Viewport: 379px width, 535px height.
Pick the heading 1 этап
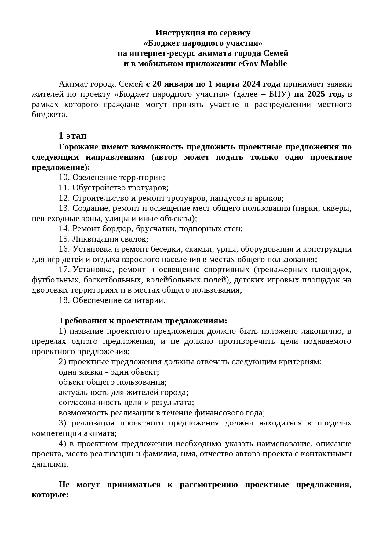pyautogui.click(x=73, y=135)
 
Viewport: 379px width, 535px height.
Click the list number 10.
pyautogui.click(x=64, y=178)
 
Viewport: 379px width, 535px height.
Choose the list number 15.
pyautogui.click(x=64, y=239)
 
